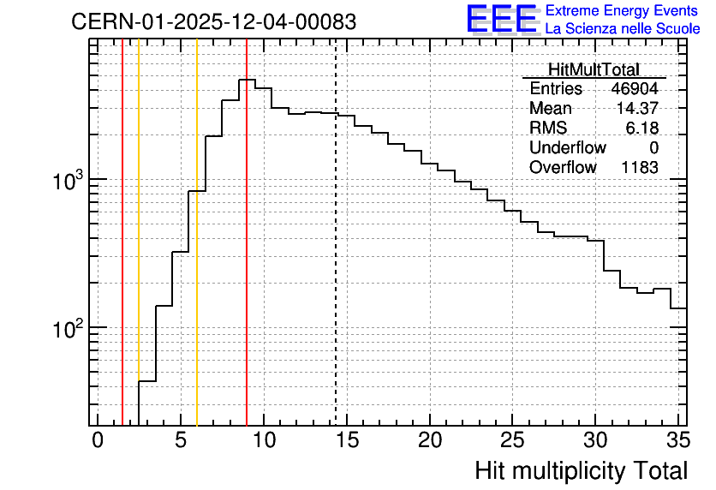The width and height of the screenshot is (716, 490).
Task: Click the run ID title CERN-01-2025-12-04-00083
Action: coord(214,21)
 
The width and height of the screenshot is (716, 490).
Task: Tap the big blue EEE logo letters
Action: coord(501,19)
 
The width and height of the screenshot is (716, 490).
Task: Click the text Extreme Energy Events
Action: coord(622,10)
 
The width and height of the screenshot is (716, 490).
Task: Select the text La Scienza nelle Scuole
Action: coord(623,29)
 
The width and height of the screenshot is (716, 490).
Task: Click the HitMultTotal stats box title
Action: coord(594,69)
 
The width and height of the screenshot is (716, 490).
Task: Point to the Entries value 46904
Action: coord(635,88)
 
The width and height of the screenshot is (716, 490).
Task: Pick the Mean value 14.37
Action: coord(637,108)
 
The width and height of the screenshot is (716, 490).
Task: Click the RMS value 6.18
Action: coord(642,128)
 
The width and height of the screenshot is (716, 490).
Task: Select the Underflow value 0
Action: coord(653,147)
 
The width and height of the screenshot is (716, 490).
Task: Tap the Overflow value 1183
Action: coord(640,168)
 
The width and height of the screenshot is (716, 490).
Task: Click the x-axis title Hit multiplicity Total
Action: coord(582,471)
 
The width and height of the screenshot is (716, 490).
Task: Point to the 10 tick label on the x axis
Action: coord(264,440)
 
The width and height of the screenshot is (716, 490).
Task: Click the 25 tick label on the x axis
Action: coord(512,440)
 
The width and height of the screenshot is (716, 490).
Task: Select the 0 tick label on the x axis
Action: coord(98,440)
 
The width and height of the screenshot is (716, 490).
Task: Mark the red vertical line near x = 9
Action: coord(247,232)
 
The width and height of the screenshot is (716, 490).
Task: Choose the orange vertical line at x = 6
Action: coord(197,232)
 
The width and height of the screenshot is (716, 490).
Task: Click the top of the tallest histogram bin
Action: coord(247,80)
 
